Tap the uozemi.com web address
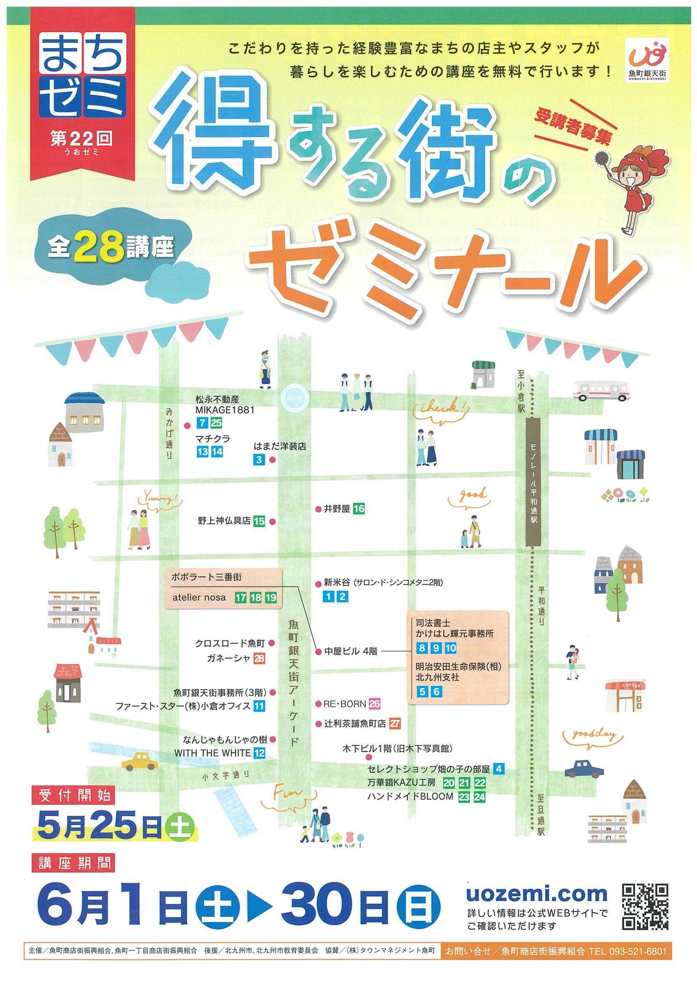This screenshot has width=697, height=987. (x=537, y=894)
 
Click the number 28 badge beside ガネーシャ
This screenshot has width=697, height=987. (x=259, y=658)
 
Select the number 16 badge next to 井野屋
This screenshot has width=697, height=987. (x=359, y=509)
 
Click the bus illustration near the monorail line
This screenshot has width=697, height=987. (x=601, y=390)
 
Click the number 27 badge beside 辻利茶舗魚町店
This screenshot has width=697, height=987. (x=395, y=723)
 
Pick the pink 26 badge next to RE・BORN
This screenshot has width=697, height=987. (x=375, y=704)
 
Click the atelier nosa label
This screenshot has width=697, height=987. (x=199, y=597)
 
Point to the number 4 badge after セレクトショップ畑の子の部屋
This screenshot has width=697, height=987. (x=498, y=769)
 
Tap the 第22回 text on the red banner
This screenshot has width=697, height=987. (x=82, y=138)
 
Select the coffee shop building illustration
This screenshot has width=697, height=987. (x=625, y=696)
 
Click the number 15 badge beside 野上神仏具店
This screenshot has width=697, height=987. (x=259, y=521)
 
